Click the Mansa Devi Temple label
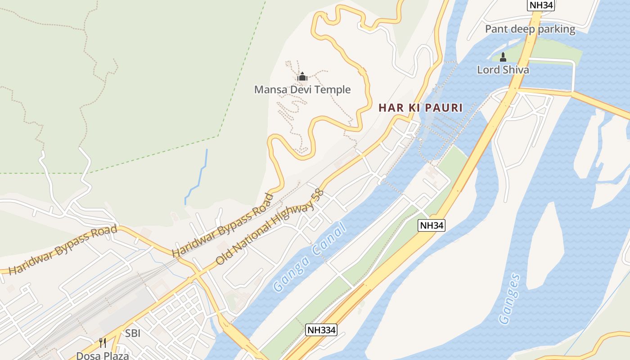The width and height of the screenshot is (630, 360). [302, 90]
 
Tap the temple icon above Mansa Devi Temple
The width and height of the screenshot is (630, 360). [302, 76]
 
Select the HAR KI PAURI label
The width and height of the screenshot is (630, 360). [420, 108]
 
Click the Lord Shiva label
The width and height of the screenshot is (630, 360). [503, 70]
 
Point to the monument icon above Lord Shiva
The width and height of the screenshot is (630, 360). [503, 57]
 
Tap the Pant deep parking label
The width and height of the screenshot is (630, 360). [530, 30]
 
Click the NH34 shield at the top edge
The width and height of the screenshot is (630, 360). [540, 5]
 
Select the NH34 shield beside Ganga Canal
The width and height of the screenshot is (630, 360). [432, 225]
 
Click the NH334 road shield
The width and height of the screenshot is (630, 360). [321, 330]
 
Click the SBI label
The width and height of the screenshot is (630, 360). [133, 333]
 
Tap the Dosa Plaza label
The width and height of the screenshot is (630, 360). [103, 355]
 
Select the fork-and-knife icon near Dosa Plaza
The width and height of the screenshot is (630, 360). [103, 343]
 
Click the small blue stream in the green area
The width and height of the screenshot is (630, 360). [197, 178]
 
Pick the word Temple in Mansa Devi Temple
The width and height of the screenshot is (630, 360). [332, 90]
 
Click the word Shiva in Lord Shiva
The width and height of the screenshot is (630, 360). [516, 70]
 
